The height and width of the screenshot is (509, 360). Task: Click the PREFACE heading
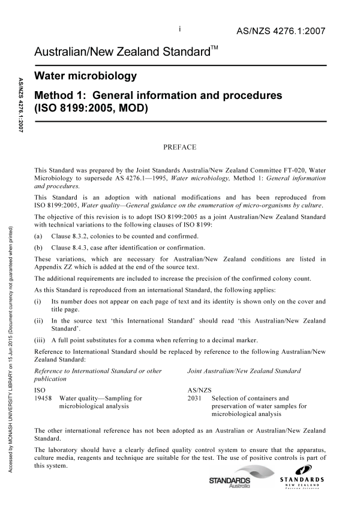point(180,146)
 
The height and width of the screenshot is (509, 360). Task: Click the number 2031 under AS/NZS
point(195,397)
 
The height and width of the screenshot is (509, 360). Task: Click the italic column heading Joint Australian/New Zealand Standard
point(244,371)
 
